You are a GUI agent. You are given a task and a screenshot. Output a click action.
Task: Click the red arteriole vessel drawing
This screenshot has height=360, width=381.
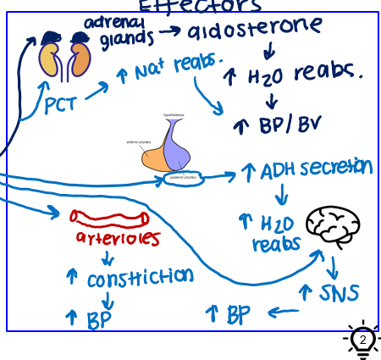pyautogui.click(x=115, y=219)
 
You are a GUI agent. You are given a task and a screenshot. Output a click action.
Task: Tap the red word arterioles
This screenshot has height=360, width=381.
pyautogui.click(x=118, y=239)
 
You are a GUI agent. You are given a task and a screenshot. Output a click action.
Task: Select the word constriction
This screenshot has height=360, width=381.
pyautogui.click(x=140, y=277)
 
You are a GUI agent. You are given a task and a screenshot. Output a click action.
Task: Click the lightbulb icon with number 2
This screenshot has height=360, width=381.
pyautogui.click(x=362, y=341)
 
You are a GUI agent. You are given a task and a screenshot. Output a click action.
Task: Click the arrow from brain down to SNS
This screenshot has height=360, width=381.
pyautogui.click(x=333, y=267)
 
